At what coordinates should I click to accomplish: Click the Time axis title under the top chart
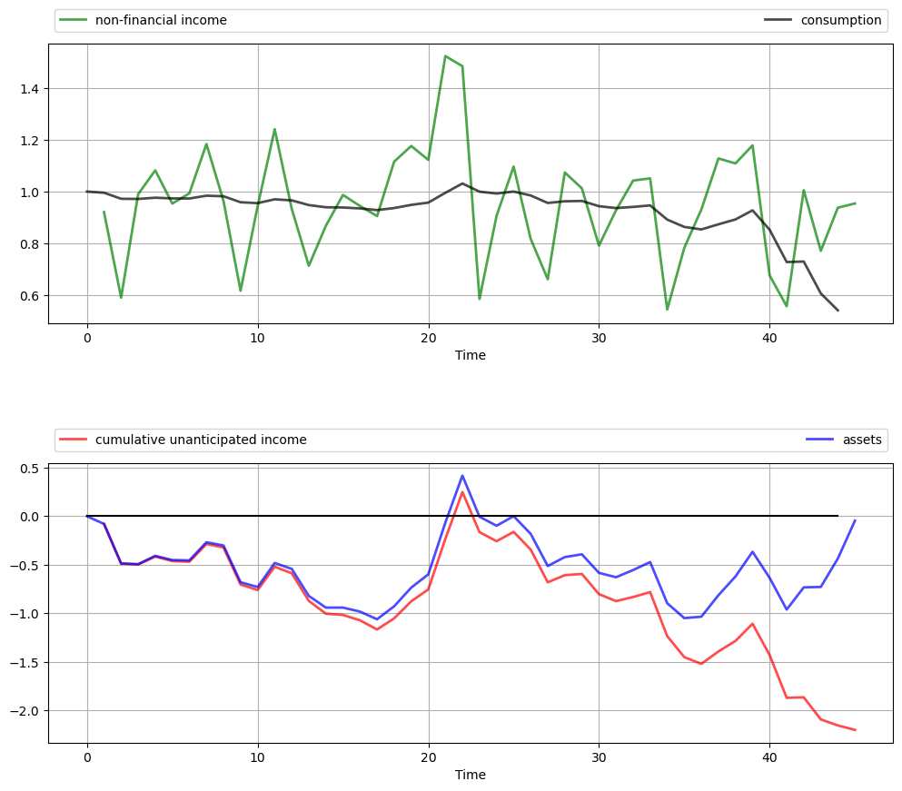pos(471,355)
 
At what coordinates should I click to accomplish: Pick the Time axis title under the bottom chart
pos(471,775)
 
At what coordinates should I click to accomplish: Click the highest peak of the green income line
pos(445,55)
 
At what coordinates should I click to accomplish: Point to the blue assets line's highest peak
pos(462,475)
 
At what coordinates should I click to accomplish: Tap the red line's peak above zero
pos(462,492)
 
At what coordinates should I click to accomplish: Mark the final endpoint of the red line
pos(855,730)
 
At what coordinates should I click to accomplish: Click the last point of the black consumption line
pos(838,311)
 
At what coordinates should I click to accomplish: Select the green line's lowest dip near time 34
pos(667,310)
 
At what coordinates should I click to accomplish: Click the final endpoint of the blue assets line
pos(855,520)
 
